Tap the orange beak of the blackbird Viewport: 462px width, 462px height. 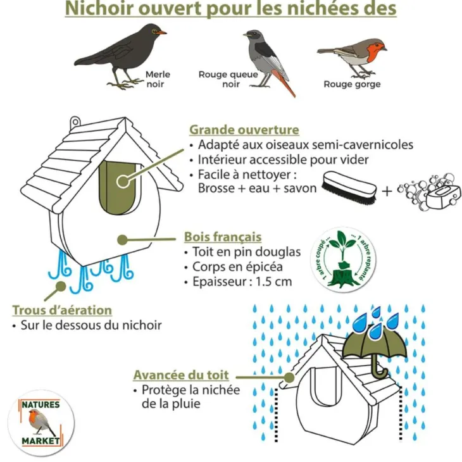(162, 32)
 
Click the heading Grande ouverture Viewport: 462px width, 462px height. (244, 130)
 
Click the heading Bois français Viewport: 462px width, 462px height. (223, 237)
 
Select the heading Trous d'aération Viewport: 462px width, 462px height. (62, 310)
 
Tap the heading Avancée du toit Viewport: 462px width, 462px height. (181, 375)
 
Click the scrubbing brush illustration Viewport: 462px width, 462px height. (349, 188)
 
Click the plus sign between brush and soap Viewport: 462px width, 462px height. (387, 191)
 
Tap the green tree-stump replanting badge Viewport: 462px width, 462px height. (343, 259)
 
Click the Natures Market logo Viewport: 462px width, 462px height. (41, 423)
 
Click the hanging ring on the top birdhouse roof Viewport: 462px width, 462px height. (75, 122)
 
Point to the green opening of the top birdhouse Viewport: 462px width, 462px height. (118, 188)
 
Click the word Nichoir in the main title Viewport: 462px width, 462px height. (99, 9)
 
